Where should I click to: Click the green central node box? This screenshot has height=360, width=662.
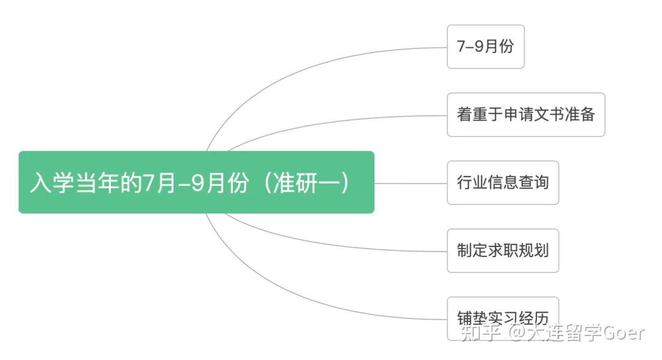coord(196,182)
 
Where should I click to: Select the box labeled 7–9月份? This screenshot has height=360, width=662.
coord(485,47)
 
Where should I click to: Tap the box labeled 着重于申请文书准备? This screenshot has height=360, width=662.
coord(526,115)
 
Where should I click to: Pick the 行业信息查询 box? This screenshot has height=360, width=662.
coord(503,183)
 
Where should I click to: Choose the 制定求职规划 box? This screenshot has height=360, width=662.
coord(503,251)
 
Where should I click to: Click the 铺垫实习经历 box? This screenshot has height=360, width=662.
coord(503,318)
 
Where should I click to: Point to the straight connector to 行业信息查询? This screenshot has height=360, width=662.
coord(411,183)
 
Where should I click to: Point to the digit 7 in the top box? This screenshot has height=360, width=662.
coord(461,47)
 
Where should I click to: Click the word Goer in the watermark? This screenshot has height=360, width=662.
coord(623,333)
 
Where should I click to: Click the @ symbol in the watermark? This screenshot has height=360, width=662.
coord(517,333)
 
